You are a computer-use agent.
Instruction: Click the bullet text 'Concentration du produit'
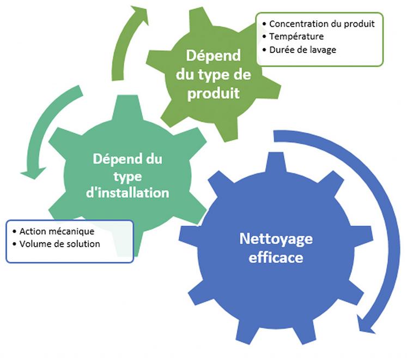tap(322, 24)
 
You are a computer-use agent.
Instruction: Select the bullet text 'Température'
tap(296, 37)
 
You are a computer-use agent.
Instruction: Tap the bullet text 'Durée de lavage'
tap(302, 50)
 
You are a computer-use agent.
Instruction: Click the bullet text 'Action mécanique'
tap(52, 231)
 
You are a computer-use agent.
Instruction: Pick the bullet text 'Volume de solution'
tap(59, 244)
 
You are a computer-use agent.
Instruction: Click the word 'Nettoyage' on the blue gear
tap(276, 239)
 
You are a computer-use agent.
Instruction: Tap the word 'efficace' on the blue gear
tap(276, 257)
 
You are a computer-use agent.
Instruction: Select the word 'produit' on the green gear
tap(213, 94)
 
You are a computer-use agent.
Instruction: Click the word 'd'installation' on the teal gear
tap(128, 193)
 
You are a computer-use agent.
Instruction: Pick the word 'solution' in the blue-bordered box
tap(83, 244)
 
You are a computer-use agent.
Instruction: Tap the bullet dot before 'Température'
tap(264, 37)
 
